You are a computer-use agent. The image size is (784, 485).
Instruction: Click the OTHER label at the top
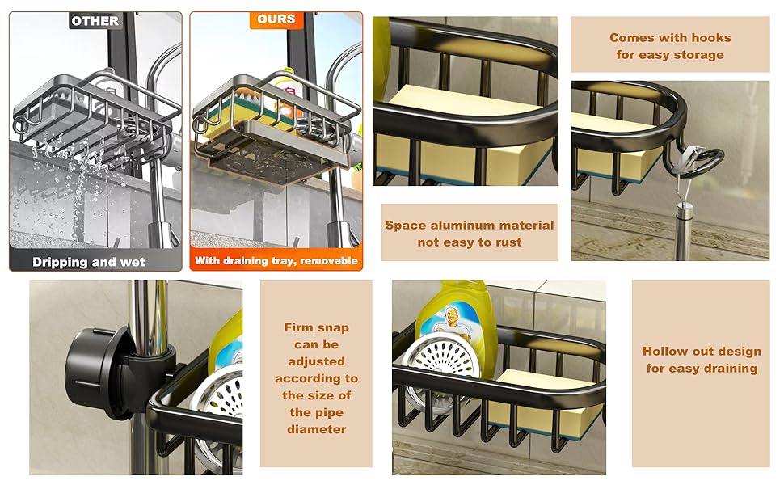tap(95, 21)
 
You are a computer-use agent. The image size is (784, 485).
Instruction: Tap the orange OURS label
tap(276, 19)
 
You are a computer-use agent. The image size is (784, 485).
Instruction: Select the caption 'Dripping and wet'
tap(88, 262)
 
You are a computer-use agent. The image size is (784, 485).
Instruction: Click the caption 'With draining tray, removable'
tap(276, 260)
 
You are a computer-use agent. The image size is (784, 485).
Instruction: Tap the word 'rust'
tap(508, 242)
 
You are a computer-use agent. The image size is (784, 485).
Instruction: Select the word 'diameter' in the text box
tap(317, 429)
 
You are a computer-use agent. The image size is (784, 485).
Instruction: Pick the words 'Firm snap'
tap(317, 327)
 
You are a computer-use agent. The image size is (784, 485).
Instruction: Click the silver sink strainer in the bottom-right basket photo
tap(440, 366)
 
